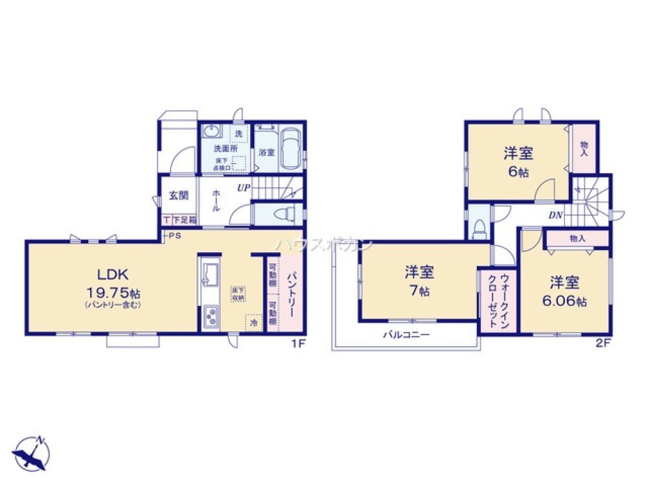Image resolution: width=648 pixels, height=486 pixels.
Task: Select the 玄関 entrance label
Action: (x=179, y=194)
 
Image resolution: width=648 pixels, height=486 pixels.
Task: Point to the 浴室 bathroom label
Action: (x=266, y=153)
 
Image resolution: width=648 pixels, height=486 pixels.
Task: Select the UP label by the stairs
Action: (x=244, y=189)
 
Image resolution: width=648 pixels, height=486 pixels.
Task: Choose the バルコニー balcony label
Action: (x=406, y=335)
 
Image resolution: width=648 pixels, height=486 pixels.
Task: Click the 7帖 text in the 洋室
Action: (x=421, y=292)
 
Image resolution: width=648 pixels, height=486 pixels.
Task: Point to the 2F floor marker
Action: (x=603, y=345)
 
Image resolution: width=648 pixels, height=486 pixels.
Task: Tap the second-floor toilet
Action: (x=479, y=227)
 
